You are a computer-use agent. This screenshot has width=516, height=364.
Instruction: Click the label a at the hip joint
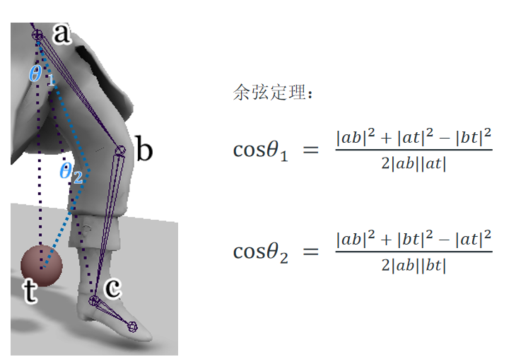62,33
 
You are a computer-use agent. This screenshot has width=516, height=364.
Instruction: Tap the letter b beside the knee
143,151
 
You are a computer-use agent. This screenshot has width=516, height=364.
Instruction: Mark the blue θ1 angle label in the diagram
41,74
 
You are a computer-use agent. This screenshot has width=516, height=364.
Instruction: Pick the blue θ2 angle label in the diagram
71,172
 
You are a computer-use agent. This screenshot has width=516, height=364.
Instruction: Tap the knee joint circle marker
120,150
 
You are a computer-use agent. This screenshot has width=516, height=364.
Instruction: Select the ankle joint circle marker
94,301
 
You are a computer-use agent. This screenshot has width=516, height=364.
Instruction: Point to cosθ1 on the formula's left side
261,151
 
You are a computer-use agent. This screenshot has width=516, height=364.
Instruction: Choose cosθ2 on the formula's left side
261,252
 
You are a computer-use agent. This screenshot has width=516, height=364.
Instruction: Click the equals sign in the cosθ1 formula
311,151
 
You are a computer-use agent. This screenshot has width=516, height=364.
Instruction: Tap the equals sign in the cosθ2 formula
311,252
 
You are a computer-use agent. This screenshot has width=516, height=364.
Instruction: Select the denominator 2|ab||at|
414,164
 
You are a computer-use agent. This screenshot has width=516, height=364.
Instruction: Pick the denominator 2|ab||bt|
414,265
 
